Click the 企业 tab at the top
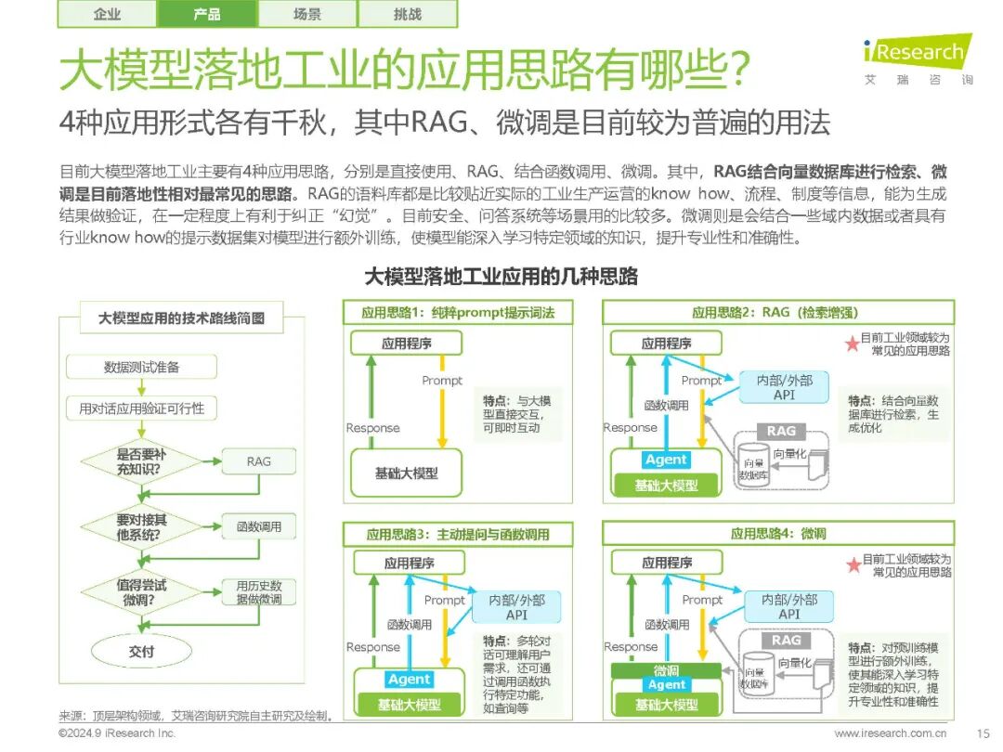107,14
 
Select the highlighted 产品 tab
207,14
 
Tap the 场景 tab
306,14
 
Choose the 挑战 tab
407,14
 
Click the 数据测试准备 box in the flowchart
141,367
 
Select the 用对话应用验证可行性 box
141,408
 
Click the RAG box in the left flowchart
259,461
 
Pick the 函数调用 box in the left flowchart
259,527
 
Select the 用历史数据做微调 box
259,592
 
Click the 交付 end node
141,652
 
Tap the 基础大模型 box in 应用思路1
406,473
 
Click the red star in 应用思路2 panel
852,344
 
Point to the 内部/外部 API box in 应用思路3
516,607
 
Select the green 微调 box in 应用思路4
666,670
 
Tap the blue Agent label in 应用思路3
410,680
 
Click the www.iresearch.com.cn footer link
890,733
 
